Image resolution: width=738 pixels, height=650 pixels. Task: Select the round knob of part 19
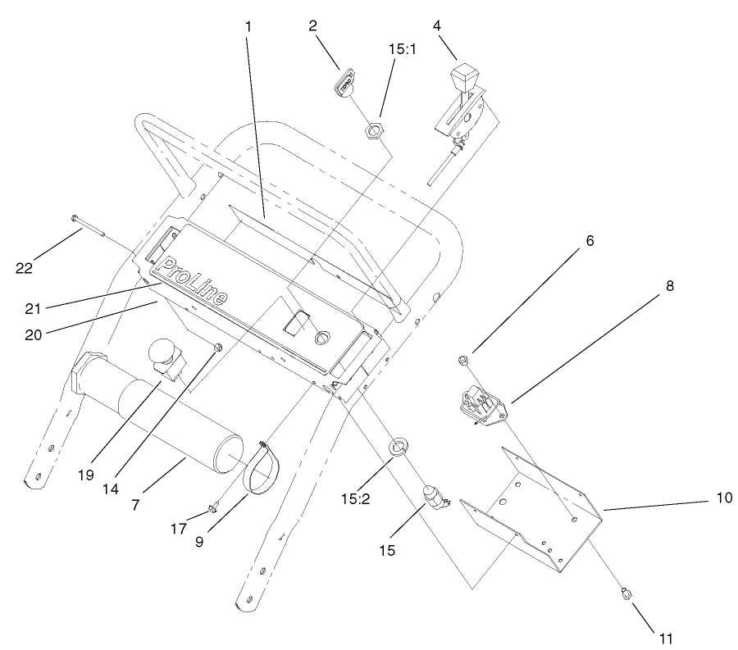[x=161, y=355]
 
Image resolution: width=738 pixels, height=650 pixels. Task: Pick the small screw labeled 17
[x=212, y=507]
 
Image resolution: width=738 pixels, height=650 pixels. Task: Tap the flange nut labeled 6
[x=464, y=359]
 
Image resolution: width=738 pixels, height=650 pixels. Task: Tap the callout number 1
[x=248, y=26]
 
